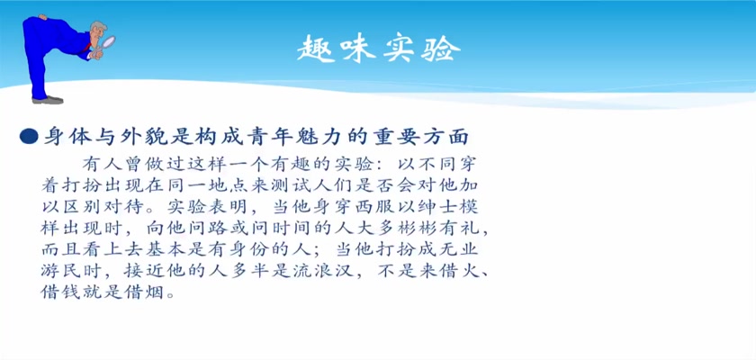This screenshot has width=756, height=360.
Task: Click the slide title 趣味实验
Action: pos(378,49)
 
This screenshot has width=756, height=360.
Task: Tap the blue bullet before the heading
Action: pos(29,137)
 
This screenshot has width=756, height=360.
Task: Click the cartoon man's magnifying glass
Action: pos(107,43)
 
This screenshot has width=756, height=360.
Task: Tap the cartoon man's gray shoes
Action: pos(47,100)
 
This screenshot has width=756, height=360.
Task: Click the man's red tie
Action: pos(86,47)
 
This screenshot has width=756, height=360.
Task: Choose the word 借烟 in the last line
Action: pos(145,292)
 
